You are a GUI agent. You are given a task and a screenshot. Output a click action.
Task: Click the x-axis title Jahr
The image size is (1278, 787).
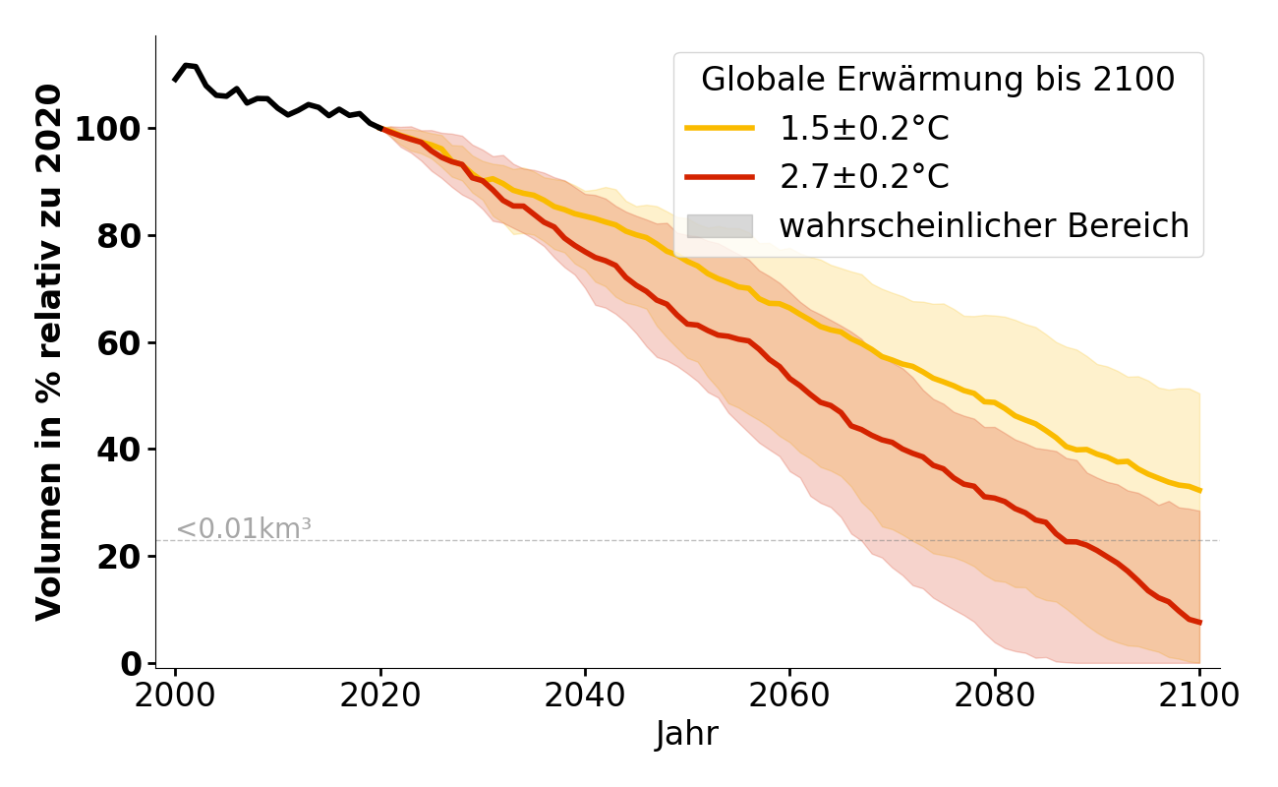pos(687,735)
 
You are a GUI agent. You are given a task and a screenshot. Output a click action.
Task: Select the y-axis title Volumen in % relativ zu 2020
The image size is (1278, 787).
pos(49,352)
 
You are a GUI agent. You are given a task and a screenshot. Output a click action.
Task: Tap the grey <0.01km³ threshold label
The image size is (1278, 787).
pos(244,528)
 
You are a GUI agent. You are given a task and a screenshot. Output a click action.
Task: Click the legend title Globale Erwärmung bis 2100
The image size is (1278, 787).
pos(938,80)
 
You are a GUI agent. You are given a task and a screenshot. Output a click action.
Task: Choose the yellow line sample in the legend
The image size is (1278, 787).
pos(720,128)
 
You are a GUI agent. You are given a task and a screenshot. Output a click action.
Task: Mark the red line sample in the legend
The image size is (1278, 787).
pos(720,177)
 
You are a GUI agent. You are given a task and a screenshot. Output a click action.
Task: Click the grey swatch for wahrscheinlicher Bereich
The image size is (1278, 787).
pos(720,226)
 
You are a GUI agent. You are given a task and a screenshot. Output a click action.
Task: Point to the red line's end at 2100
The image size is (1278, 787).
pos(1199,622)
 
